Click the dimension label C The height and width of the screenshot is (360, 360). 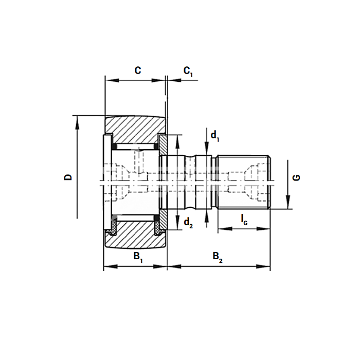click(x=138, y=70)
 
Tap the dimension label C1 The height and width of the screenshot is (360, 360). click(x=188, y=71)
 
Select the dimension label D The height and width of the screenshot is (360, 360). click(x=68, y=177)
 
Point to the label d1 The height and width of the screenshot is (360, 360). click(x=215, y=136)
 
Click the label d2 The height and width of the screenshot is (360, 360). click(x=188, y=223)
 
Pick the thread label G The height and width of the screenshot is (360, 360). click(x=296, y=177)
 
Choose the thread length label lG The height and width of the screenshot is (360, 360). click(x=244, y=220)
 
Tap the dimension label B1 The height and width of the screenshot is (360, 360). click(x=138, y=257)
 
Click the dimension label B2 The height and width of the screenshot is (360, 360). click(x=218, y=257)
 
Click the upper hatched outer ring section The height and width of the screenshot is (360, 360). click(x=135, y=129)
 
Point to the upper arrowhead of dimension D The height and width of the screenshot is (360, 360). click(x=77, y=122)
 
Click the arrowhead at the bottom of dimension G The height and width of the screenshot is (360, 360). click(x=288, y=202)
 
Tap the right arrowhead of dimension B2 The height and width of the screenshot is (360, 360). click(x=263, y=266)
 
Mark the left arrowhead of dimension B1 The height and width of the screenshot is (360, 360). click(x=111, y=266)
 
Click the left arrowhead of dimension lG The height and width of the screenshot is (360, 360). click(x=225, y=229)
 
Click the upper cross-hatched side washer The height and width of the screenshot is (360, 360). click(x=163, y=145)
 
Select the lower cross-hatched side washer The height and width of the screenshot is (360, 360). click(x=163, y=219)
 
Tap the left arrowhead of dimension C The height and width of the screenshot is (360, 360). click(x=113, y=80)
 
